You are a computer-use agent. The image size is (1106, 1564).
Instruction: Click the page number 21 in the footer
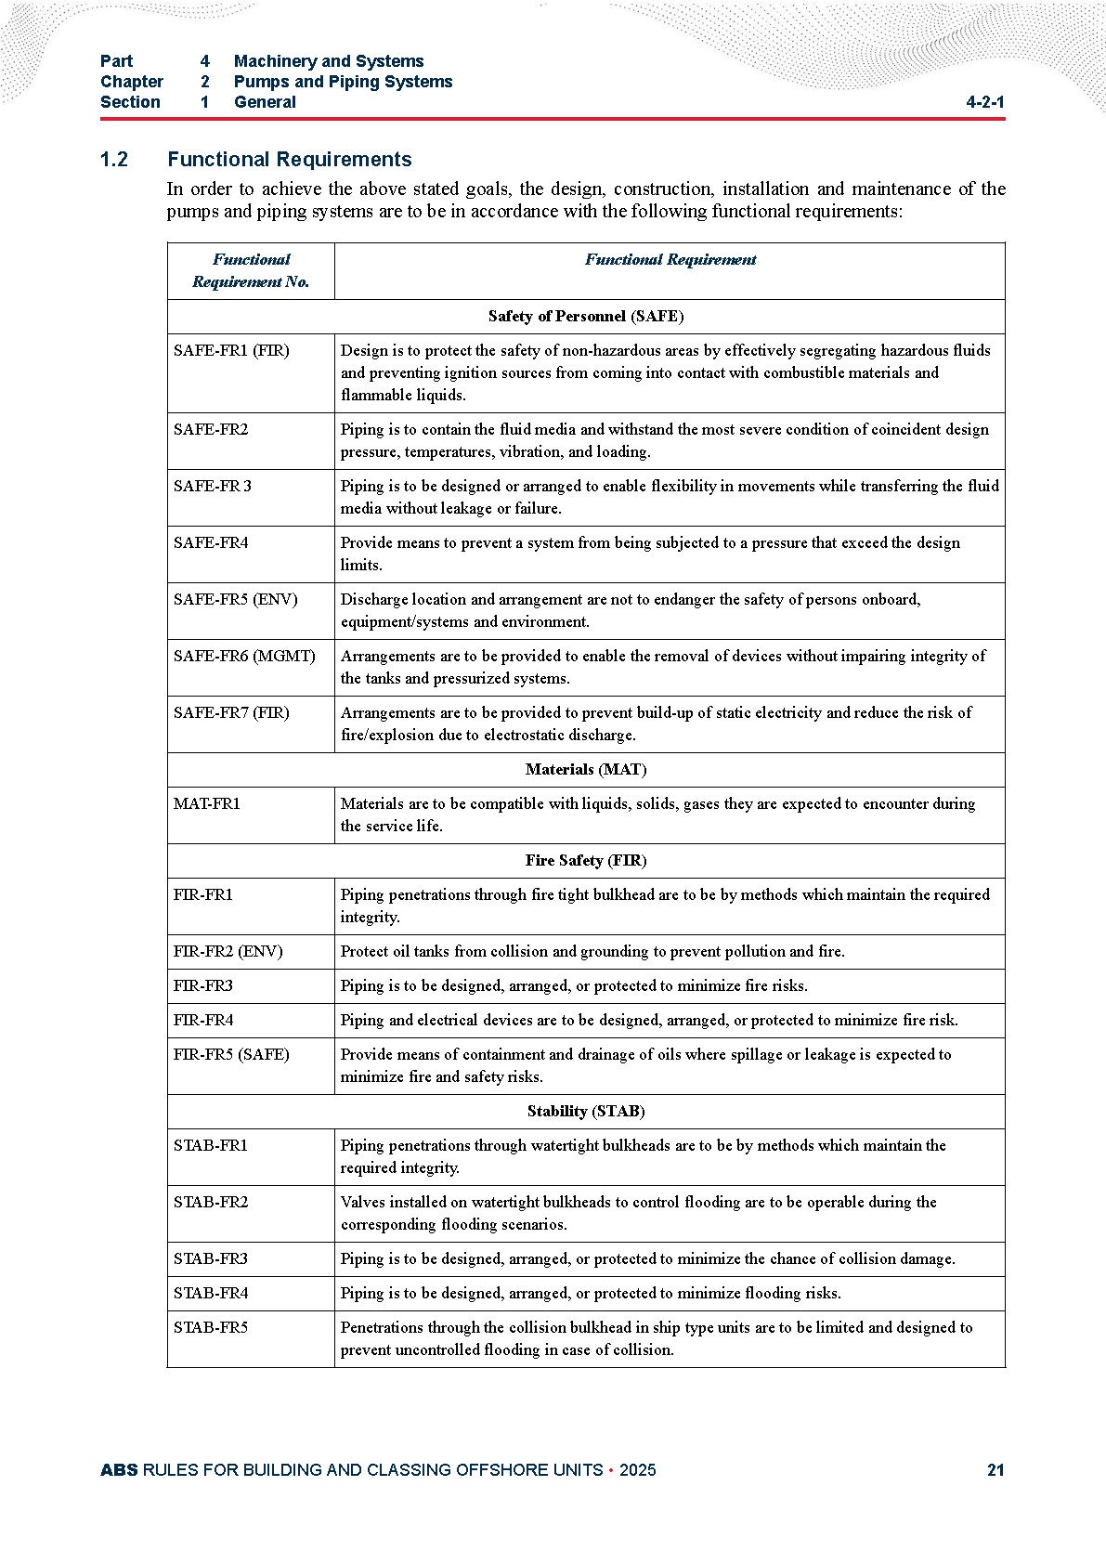[x=995, y=1469]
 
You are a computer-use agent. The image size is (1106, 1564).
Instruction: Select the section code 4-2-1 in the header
[x=985, y=102]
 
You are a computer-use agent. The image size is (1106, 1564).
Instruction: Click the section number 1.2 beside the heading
[x=114, y=160]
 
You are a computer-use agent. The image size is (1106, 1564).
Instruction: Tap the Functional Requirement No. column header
[x=251, y=270]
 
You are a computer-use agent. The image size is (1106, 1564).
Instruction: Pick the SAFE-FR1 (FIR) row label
[x=231, y=350]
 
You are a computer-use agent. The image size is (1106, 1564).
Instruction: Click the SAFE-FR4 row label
[x=211, y=542]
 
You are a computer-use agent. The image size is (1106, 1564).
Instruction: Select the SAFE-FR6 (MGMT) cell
[x=244, y=656]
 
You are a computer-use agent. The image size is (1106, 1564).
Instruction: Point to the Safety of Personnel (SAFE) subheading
[x=586, y=316]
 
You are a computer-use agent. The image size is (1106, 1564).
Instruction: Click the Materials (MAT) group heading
[x=586, y=769]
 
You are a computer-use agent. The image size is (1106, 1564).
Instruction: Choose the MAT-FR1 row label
[x=206, y=803]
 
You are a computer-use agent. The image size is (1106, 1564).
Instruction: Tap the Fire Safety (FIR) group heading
[x=586, y=860]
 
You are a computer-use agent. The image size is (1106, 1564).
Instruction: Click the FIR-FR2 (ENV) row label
[x=228, y=951]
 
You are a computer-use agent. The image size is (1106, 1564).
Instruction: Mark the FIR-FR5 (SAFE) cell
[x=231, y=1054]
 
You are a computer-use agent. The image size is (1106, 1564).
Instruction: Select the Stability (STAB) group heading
[x=586, y=1111]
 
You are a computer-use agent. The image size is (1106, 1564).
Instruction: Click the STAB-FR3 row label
[x=211, y=1258]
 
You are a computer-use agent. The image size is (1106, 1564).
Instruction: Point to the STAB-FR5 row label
[x=211, y=1327]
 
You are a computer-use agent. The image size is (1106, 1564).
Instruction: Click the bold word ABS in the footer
[x=119, y=1469]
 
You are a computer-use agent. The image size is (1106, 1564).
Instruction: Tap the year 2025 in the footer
[x=637, y=1469]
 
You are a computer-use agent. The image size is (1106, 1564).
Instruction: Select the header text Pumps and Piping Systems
[x=343, y=82]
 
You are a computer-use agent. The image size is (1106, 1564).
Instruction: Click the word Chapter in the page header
[x=132, y=82]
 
